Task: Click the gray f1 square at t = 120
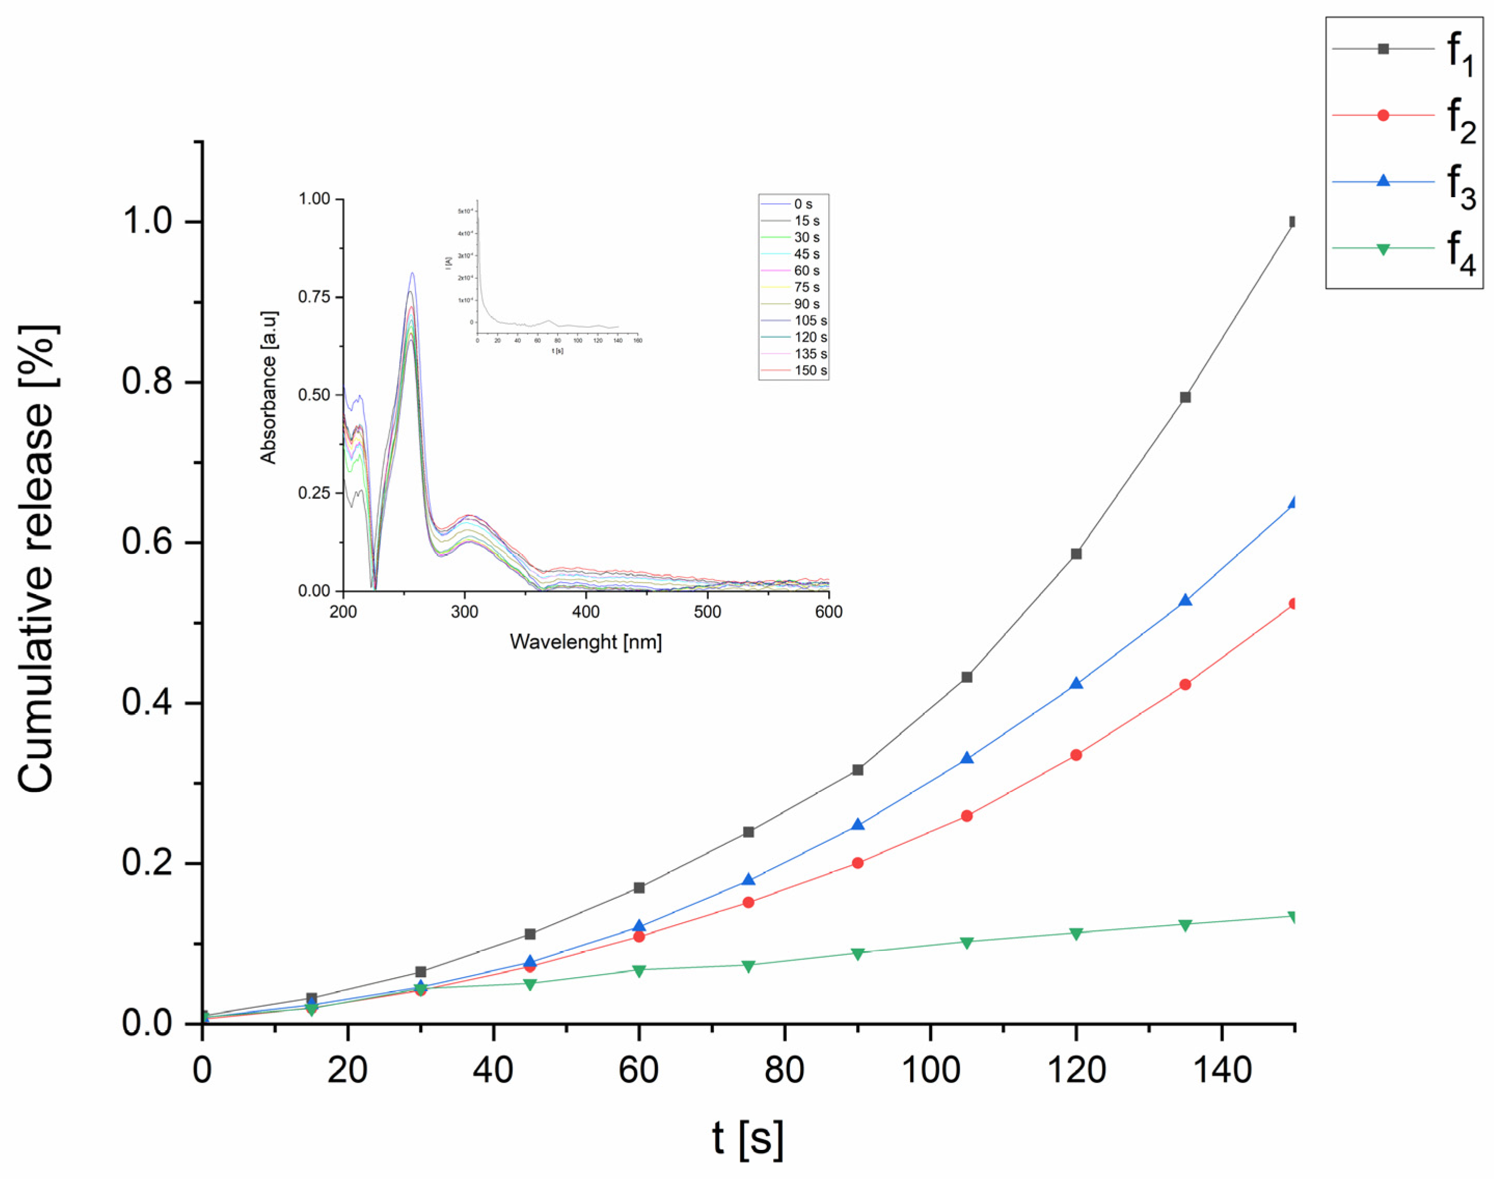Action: [1076, 554]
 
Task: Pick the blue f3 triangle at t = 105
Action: [967, 758]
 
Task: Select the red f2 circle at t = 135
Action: [1185, 684]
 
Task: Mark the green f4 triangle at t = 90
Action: [857, 953]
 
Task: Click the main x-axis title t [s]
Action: [748, 1137]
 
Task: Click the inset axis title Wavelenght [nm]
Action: [585, 642]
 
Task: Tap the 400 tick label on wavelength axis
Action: [585, 612]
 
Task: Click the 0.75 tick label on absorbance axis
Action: [313, 297]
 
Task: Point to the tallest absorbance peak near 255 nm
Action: [412, 273]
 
